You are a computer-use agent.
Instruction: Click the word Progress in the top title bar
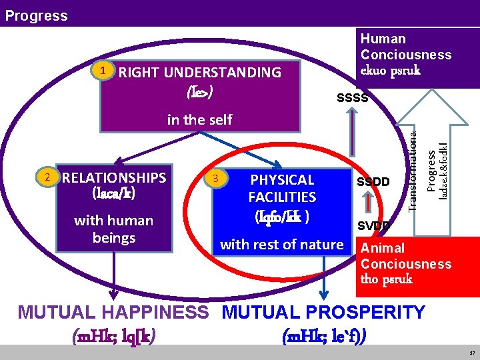pos(36,15)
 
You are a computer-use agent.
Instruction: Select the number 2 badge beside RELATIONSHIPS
pos(46,177)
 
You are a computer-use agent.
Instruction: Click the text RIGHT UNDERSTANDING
pos(199,73)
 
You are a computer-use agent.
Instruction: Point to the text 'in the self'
pos(199,119)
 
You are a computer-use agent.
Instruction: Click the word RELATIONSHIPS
pos(113,177)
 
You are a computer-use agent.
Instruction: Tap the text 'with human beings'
pos(113,229)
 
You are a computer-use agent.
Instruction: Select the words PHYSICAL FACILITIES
pos(282,189)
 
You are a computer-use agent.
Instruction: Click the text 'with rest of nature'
pos(281,245)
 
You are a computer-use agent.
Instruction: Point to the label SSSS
pos(352,99)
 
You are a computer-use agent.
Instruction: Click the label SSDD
pos(373,182)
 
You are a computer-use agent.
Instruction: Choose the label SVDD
pos(373,226)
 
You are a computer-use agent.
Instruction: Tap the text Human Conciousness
pos(405,47)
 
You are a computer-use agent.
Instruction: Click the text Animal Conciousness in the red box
pos(405,256)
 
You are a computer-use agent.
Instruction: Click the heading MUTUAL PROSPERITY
pos(323,312)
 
